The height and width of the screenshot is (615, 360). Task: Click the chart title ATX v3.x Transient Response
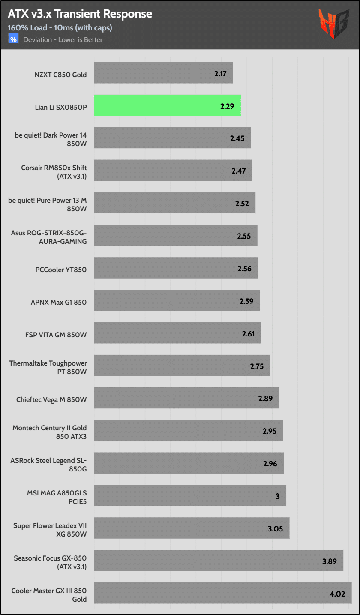point(80,14)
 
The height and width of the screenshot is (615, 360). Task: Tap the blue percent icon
point(13,39)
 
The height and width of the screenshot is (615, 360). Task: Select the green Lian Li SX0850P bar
point(167,105)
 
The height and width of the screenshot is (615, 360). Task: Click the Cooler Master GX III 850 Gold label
point(49,594)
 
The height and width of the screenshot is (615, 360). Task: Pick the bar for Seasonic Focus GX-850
point(219,561)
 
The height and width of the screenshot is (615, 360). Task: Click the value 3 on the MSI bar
point(278,496)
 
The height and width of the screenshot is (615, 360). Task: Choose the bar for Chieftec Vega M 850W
point(186,398)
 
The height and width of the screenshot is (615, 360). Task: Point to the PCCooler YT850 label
point(61,270)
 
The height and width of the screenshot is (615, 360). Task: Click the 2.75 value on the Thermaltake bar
point(257,366)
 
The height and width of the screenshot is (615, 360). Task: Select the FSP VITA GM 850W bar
point(177,333)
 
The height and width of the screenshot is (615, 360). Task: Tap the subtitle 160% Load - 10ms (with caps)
point(60,28)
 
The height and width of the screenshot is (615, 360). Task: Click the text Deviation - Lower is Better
point(63,40)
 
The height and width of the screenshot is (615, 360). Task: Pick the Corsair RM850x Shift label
point(54,172)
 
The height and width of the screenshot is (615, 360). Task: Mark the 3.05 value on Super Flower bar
point(275,529)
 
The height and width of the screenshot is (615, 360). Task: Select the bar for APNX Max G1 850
point(177,300)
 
